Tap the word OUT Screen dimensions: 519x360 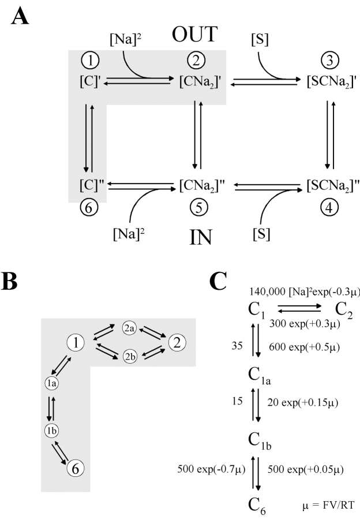pos(194,35)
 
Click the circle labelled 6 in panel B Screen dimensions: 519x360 pos(74,469)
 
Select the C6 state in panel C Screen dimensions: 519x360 pos(257,504)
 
